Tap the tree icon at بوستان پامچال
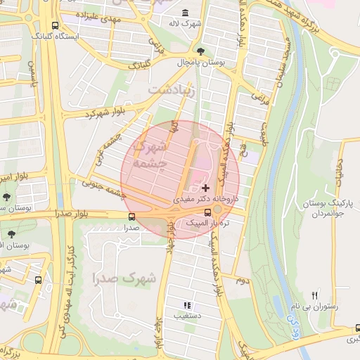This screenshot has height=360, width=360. click(x=202, y=51)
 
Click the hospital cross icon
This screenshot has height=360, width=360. click(x=205, y=188)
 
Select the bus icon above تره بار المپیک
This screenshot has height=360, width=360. click(x=207, y=212)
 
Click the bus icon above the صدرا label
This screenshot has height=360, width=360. click(x=132, y=217)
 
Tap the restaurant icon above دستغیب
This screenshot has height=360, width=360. click(x=187, y=305)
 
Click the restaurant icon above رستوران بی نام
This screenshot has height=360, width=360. click(x=315, y=296)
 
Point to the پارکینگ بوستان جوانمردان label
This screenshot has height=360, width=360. click(x=325, y=207)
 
